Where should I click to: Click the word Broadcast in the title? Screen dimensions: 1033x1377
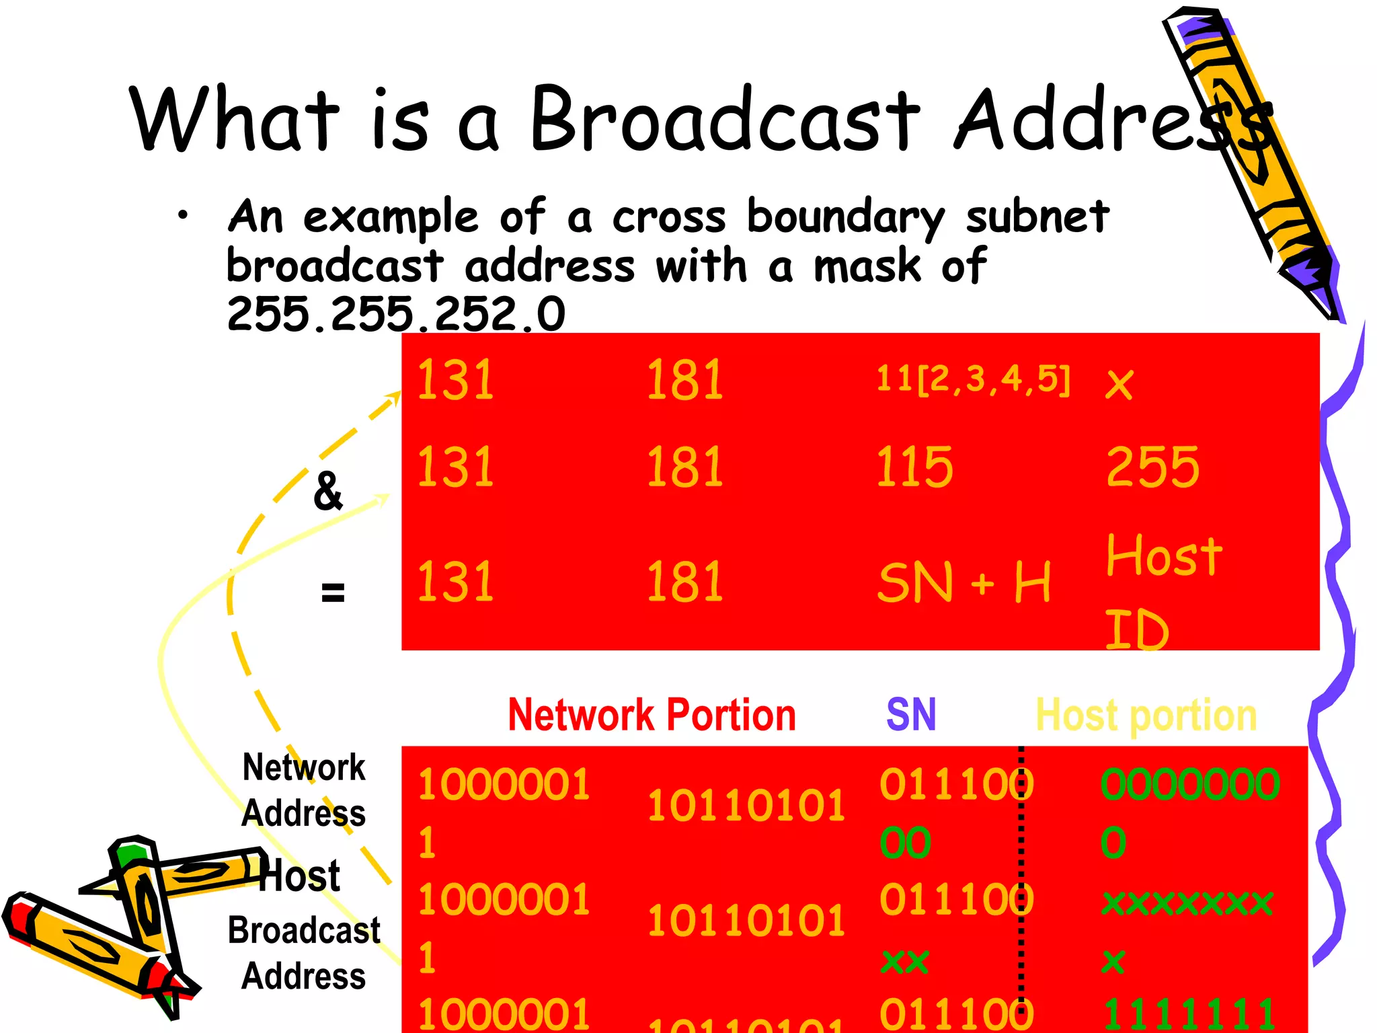tap(725, 120)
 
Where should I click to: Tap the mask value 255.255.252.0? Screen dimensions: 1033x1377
tap(396, 314)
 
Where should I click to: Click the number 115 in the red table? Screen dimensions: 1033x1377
tap(914, 467)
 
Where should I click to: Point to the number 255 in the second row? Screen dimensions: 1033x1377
tap(1152, 467)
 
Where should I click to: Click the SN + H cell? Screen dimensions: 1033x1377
tap(964, 582)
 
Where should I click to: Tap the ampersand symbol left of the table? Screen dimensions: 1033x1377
tap(328, 491)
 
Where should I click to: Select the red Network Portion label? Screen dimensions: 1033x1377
tap(652, 714)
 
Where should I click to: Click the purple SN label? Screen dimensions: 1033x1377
tap(911, 714)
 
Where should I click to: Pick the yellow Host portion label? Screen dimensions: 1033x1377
tap(1146, 714)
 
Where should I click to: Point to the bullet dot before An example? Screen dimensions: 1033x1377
tap(182, 216)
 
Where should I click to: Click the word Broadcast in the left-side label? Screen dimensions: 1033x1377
tap(304, 931)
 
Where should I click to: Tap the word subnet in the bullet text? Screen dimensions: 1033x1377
tap(1037, 217)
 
